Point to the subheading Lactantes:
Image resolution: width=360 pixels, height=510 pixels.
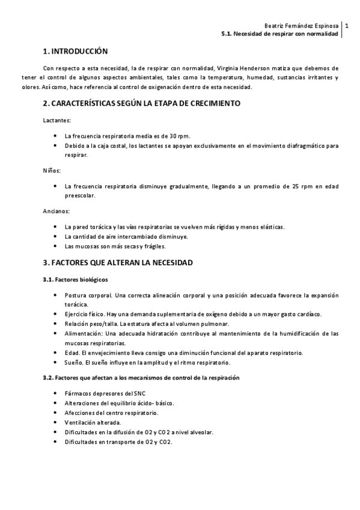pyautogui.click(x=57, y=120)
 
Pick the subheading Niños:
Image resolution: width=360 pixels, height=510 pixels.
pyautogui.click(x=52, y=171)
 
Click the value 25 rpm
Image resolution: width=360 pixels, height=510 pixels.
pyautogui.click(x=302, y=186)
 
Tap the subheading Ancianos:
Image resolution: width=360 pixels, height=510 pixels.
pyautogui.click(x=56, y=212)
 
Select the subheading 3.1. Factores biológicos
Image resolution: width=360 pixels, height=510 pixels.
pyautogui.click(x=76, y=280)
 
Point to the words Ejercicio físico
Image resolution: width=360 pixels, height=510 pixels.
pyautogui.click(x=84, y=314)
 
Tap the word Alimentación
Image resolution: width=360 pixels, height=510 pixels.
pyautogui.click(x=84, y=333)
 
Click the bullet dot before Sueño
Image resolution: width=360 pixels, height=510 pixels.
pyautogui.click(x=55, y=363)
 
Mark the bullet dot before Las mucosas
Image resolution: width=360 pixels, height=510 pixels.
pyautogui.click(x=55, y=247)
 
